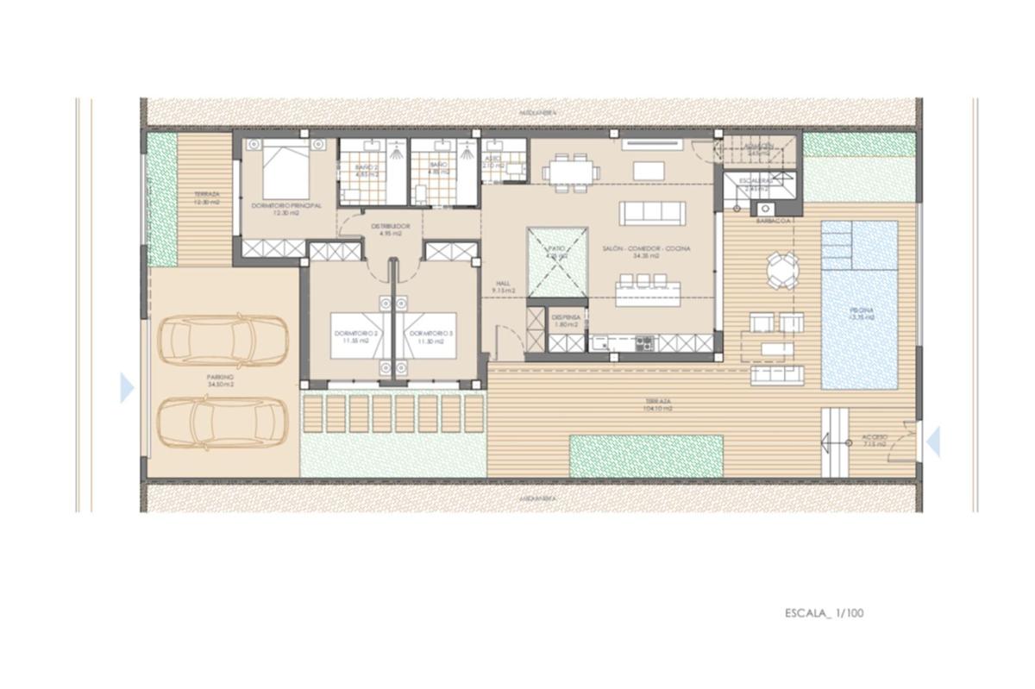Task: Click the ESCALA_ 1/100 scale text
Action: click(824, 614)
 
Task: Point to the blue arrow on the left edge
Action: click(127, 388)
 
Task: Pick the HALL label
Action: click(504, 285)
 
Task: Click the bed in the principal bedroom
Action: click(285, 171)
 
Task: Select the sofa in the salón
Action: click(653, 213)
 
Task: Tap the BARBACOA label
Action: click(775, 221)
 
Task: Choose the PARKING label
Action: click(220, 379)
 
